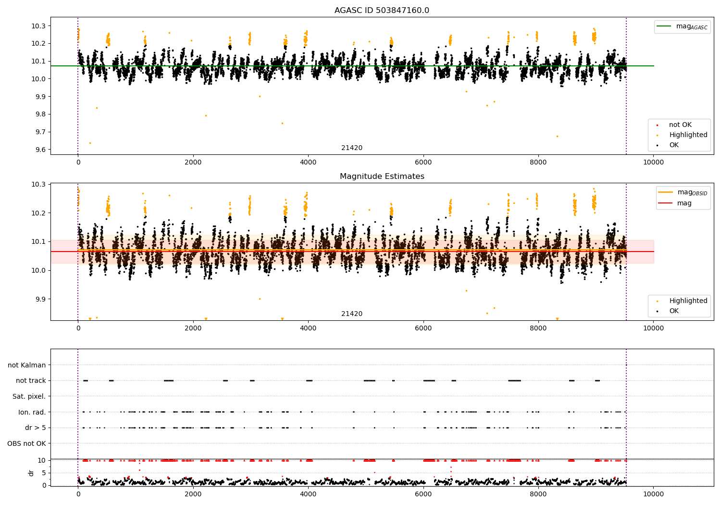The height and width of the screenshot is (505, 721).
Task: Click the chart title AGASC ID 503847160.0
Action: [x=382, y=11]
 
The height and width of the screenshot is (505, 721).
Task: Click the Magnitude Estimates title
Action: [x=382, y=177]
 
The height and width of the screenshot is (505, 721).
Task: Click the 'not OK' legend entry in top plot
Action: [x=680, y=125]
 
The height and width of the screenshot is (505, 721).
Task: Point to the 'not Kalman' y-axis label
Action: [x=26, y=365]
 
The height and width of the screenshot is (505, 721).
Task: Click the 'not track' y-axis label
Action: [x=31, y=380]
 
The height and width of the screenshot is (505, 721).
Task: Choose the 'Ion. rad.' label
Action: [x=32, y=412]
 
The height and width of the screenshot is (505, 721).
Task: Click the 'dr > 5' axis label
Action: [x=35, y=428]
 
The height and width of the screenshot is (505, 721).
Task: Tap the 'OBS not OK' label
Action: [x=26, y=443]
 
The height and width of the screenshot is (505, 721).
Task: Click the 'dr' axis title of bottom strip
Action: [x=31, y=473]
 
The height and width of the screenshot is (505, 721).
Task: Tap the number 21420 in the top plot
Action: [x=352, y=148]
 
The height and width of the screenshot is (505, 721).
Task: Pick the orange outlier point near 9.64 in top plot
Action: [x=90, y=143]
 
